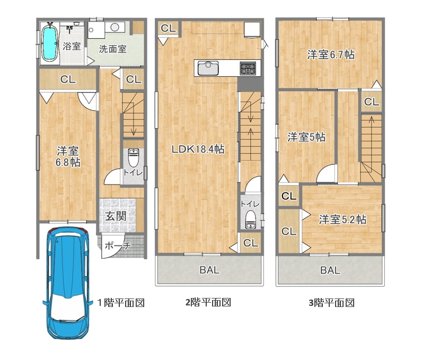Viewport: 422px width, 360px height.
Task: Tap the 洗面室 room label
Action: (113, 49)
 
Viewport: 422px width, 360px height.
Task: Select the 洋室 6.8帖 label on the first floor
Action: (68, 156)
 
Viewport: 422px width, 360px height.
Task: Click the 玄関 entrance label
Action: (116, 216)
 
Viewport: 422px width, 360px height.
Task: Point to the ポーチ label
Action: (118, 245)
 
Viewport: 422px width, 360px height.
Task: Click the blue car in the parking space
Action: (67, 283)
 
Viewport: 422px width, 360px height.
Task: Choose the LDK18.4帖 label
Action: (198, 149)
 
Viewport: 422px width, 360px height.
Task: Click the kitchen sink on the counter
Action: (208, 68)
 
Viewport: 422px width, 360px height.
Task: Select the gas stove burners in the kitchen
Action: (248, 68)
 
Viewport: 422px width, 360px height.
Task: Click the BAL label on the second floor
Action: (209, 270)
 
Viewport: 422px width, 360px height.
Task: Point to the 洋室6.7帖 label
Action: (331, 55)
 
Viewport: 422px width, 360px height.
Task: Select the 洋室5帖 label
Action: (306, 137)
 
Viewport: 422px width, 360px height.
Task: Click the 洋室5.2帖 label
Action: (342, 219)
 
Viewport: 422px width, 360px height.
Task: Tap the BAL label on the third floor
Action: (330, 270)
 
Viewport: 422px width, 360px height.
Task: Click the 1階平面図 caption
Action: (121, 303)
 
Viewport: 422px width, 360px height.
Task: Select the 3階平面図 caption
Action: (331, 303)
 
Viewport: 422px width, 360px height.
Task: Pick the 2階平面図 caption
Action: (208, 302)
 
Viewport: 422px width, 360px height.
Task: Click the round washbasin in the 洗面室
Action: (115, 27)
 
